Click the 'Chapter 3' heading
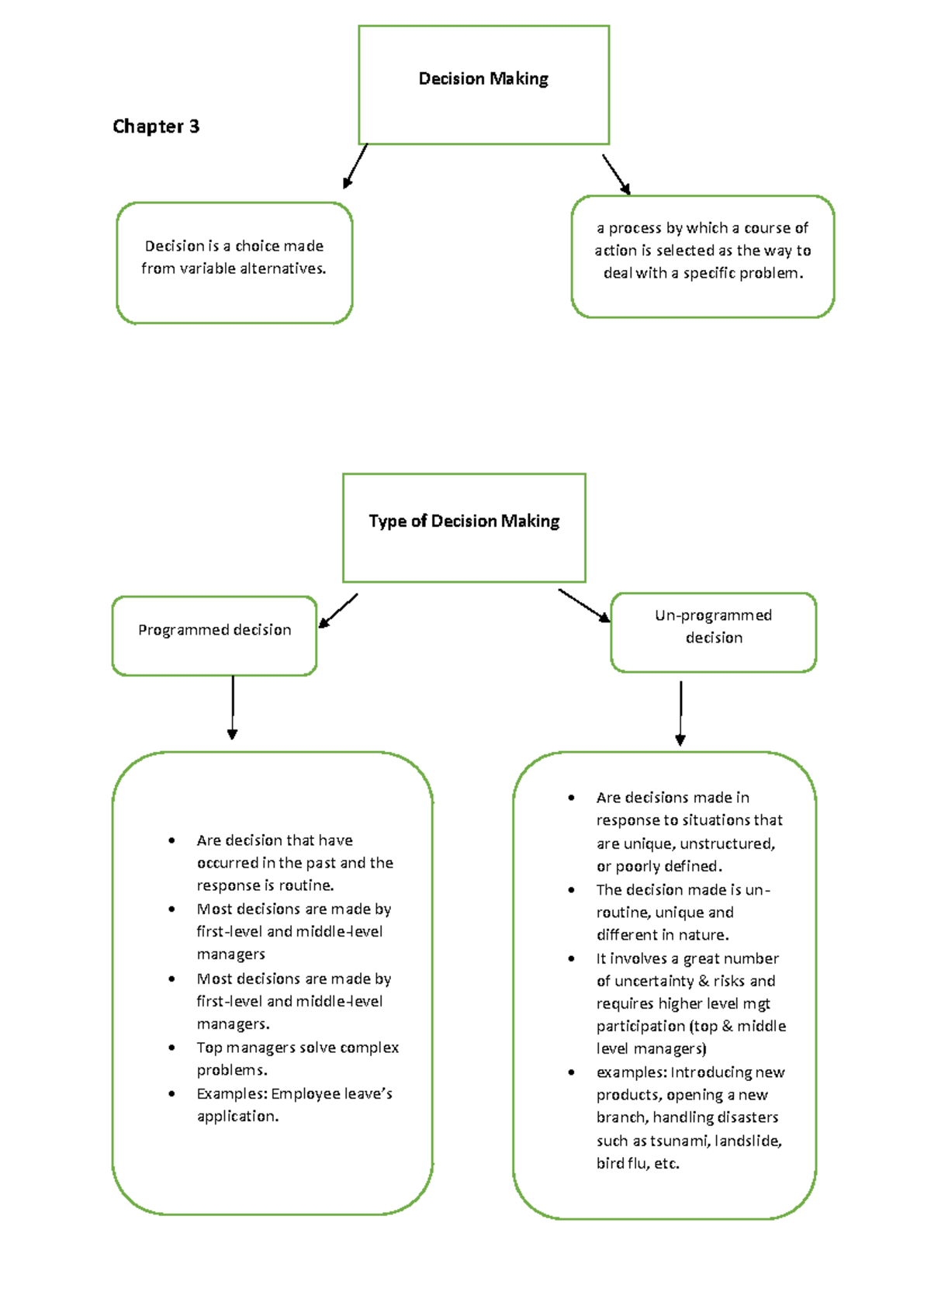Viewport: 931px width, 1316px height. pyautogui.click(x=156, y=126)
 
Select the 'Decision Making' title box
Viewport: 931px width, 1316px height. pyautogui.click(x=483, y=85)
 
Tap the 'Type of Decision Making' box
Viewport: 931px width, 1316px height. pyautogui.click(x=464, y=528)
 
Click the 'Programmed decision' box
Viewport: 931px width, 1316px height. pyautogui.click(x=214, y=635)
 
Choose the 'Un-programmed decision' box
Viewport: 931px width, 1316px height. pyautogui.click(x=713, y=632)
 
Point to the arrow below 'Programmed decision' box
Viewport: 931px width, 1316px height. pyautogui.click(x=232, y=707)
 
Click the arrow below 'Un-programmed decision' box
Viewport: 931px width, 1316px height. pyautogui.click(x=680, y=713)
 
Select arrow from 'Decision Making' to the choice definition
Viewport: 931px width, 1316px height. pyautogui.click(x=355, y=166)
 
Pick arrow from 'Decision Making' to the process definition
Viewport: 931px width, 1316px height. pyautogui.click(x=616, y=175)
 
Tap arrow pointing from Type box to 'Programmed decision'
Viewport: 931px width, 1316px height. pyautogui.click(x=338, y=611)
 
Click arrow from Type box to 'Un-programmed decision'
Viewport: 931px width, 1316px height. pyautogui.click(x=583, y=605)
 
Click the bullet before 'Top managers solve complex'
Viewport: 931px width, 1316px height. pyautogui.click(x=171, y=1048)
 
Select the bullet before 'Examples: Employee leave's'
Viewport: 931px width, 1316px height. pyautogui.click(x=171, y=1093)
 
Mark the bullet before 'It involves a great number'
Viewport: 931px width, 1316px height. pyautogui.click(x=571, y=958)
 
